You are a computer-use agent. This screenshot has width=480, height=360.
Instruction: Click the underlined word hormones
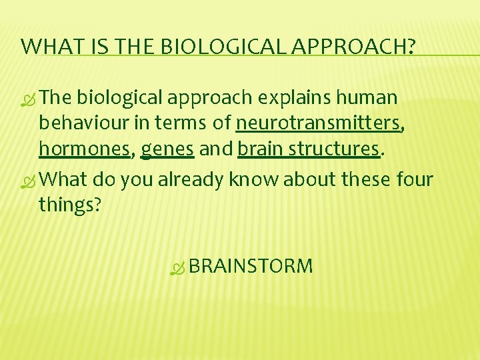coord(84,149)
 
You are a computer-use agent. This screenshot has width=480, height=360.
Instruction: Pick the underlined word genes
coord(167,149)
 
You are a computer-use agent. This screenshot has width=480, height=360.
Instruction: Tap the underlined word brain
coord(257,149)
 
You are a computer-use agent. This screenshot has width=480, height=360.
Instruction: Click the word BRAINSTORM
coord(251,267)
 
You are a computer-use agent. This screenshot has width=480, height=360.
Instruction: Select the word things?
coord(70,205)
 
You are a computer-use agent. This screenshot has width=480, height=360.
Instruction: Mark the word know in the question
coord(251,180)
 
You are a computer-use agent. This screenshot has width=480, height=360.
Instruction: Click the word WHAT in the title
coord(47,46)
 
